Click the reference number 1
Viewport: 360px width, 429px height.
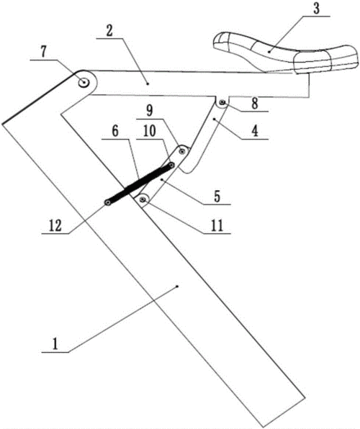(x=55, y=343)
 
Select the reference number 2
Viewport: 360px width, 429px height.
(x=109, y=31)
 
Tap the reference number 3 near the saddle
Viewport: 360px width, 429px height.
(x=316, y=9)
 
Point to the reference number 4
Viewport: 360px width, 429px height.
(x=255, y=131)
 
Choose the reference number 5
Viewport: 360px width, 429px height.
(x=217, y=197)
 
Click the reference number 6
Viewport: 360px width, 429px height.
(x=115, y=131)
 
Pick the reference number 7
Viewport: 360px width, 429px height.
(x=44, y=52)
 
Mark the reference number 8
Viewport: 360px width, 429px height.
(x=255, y=104)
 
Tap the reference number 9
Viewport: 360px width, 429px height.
(x=150, y=111)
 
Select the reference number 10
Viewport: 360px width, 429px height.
(x=150, y=131)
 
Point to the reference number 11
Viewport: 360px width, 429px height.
(x=217, y=226)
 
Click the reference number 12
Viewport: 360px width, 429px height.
(x=55, y=226)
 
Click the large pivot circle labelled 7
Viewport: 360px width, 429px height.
(x=84, y=82)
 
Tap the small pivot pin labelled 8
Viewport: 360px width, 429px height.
(x=222, y=103)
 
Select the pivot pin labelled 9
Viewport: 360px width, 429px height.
(x=181, y=150)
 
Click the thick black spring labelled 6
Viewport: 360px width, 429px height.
(x=140, y=184)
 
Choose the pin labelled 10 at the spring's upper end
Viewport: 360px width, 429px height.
(x=171, y=166)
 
